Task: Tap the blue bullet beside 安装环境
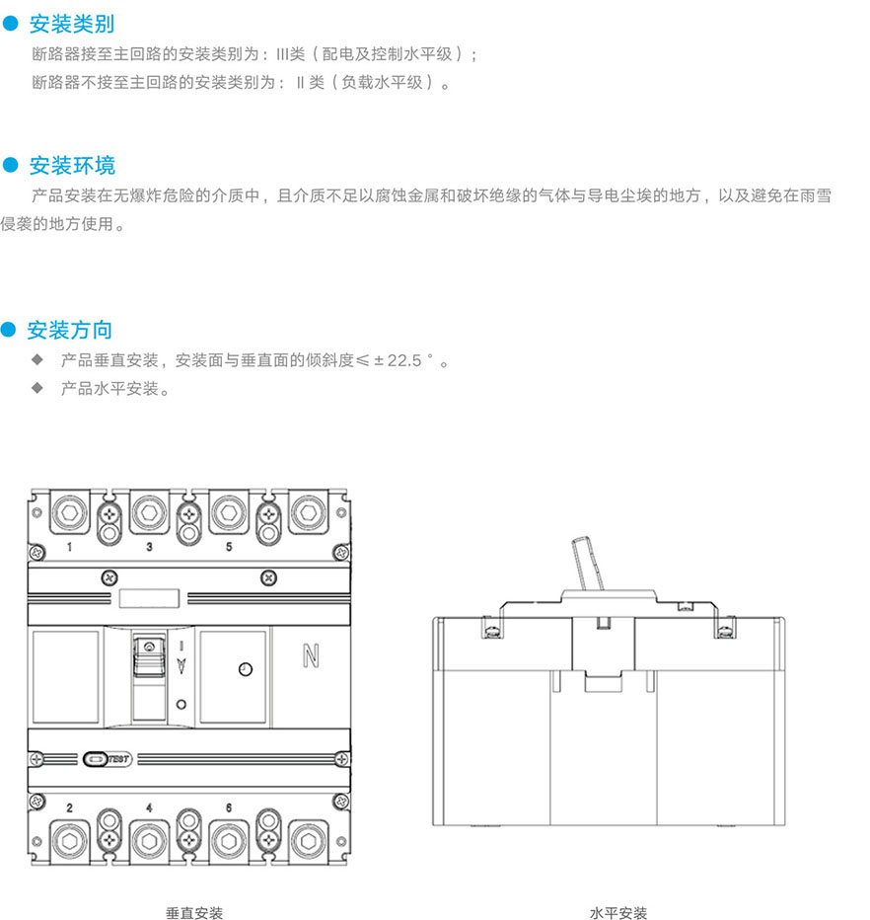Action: (x=12, y=164)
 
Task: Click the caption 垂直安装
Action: (x=194, y=913)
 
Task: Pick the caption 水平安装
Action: (x=618, y=913)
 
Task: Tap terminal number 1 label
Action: (x=69, y=546)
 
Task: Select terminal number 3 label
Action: (x=149, y=546)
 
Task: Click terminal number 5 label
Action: (x=229, y=546)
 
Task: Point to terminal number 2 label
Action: (x=69, y=807)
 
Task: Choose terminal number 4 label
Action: (x=149, y=807)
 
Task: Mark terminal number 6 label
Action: (x=229, y=807)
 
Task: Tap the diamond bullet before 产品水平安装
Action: (x=37, y=388)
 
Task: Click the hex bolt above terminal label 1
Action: (x=69, y=512)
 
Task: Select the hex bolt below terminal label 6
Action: (x=229, y=842)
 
